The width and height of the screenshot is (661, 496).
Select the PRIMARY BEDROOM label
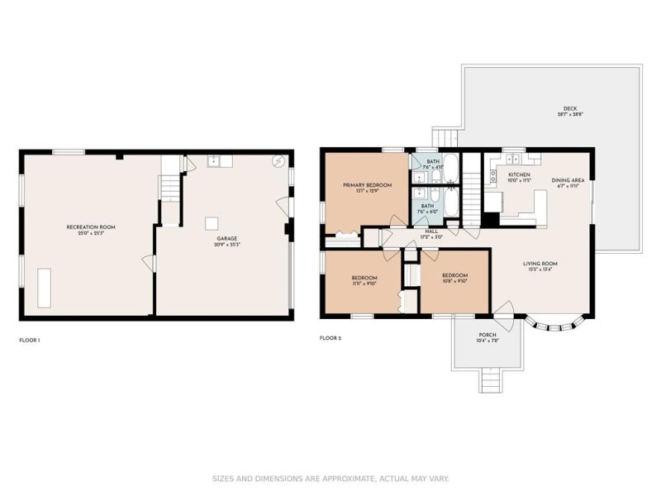coord(367,185)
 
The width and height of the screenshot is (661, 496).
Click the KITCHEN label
coord(519,175)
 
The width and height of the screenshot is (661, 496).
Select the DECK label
coord(569,109)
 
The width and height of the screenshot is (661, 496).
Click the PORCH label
coord(487,335)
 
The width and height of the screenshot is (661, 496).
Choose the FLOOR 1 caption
coord(30,340)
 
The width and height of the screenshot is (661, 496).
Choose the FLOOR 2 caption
coord(330,338)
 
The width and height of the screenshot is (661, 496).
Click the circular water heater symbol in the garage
coord(279,161)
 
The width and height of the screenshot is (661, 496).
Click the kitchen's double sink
coord(512,160)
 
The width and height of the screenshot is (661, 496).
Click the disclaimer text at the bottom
coord(330,478)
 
